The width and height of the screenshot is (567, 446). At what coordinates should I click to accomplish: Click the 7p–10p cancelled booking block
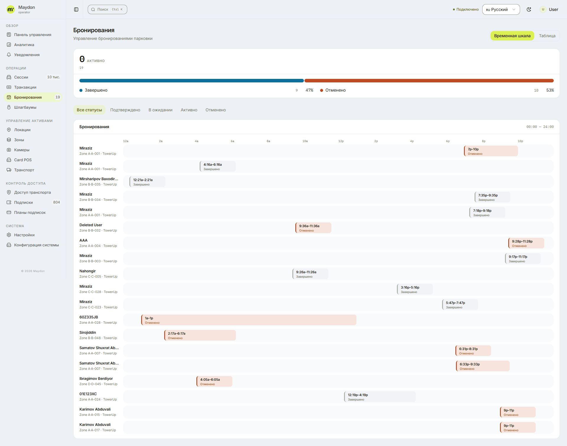click(x=491, y=151)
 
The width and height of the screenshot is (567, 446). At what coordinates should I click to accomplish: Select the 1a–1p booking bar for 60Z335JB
click(x=249, y=320)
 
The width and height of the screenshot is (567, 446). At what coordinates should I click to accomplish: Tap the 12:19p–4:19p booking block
click(x=380, y=397)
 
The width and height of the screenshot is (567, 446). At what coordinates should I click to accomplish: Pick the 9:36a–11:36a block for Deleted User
click(x=313, y=228)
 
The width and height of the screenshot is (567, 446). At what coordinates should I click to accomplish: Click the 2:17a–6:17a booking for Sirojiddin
click(x=200, y=335)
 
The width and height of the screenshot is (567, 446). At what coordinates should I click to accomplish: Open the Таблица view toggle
click(x=547, y=36)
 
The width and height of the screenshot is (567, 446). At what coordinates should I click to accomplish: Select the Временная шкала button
click(x=512, y=36)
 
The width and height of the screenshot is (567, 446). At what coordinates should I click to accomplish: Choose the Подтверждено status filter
click(x=125, y=110)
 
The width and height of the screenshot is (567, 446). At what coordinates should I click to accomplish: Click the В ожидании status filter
click(x=160, y=110)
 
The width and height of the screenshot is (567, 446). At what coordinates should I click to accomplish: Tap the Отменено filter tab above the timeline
click(x=216, y=110)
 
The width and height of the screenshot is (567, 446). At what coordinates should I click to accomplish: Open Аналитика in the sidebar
click(x=24, y=45)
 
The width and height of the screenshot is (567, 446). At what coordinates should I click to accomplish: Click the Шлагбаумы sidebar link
click(x=25, y=107)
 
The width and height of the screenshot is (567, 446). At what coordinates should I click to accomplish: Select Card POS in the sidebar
click(x=23, y=160)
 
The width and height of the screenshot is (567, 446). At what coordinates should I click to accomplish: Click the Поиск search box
click(x=107, y=9)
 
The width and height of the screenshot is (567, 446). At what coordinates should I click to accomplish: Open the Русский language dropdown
click(x=501, y=9)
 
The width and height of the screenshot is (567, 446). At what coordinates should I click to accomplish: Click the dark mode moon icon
click(x=529, y=9)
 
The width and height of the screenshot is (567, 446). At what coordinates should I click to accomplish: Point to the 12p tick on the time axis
click(x=341, y=141)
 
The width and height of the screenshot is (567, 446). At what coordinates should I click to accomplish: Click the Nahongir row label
click(x=87, y=271)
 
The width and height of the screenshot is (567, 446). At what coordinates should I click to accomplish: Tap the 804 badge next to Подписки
click(x=56, y=202)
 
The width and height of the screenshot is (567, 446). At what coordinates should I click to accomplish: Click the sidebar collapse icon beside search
click(x=76, y=9)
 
